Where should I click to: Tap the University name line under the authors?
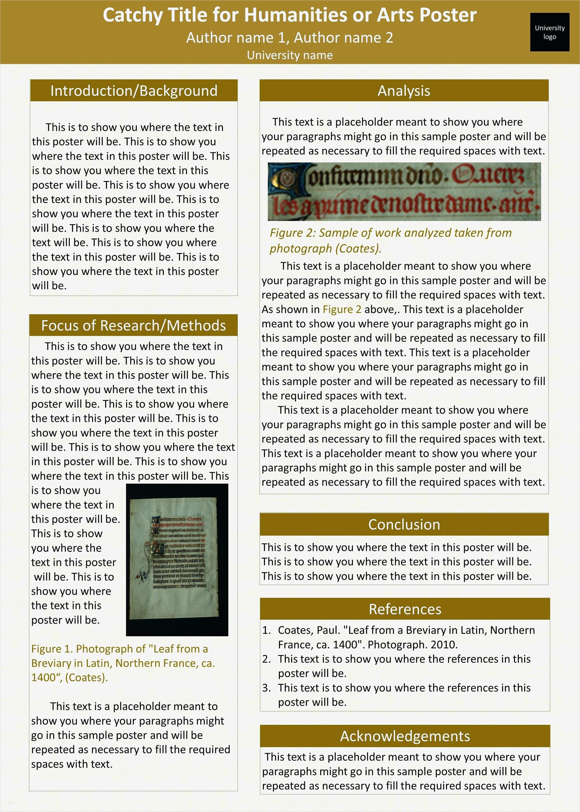coord(290,55)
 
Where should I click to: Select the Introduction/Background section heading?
coord(134,91)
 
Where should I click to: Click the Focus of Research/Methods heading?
coord(134,325)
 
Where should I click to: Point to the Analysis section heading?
coord(404,91)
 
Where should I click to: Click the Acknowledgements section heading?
coord(405,736)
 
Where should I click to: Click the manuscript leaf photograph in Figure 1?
coord(177,560)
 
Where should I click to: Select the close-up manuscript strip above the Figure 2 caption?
coord(404,192)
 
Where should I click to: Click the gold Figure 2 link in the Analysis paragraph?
coord(342,309)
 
